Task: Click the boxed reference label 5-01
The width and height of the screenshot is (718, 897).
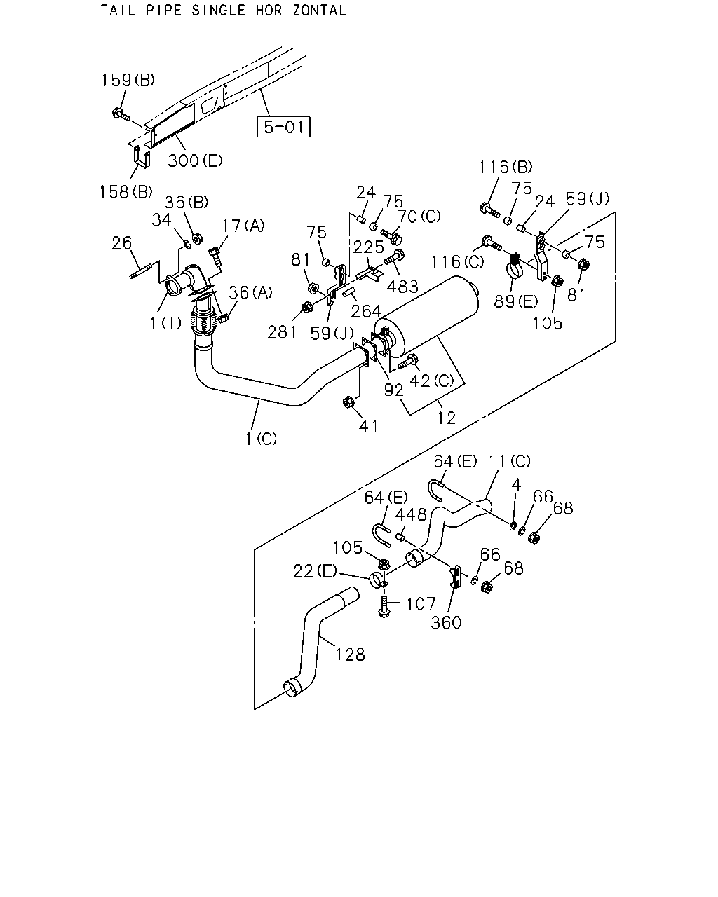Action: (284, 127)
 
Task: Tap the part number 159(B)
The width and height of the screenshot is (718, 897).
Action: (128, 80)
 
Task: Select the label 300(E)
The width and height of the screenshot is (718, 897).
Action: (195, 160)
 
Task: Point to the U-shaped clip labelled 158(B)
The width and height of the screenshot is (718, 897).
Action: (142, 157)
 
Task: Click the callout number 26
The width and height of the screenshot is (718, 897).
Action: (122, 242)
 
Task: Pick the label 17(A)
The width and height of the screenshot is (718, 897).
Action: (243, 226)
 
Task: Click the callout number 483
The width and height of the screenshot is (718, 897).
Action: (402, 287)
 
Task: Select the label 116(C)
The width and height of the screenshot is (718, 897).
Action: (457, 262)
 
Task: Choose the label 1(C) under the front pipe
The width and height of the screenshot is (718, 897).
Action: (261, 439)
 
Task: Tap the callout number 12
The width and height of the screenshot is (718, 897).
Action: (446, 418)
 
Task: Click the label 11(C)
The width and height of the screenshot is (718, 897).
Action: (509, 461)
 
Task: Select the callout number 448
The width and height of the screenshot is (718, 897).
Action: (411, 515)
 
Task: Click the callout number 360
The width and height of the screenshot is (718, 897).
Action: (446, 623)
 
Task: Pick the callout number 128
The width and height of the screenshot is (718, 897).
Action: (351, 655)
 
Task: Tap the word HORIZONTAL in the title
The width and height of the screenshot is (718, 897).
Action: (301, 10)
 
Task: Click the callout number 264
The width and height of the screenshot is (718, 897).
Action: (366, 311)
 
